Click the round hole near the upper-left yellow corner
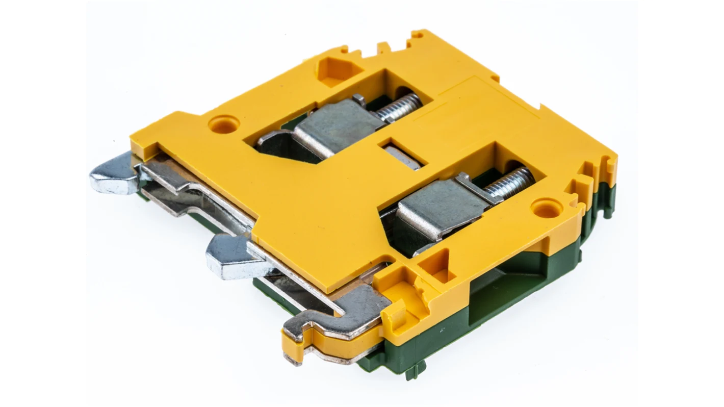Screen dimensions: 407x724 pyautogui.click(x=224, y=123)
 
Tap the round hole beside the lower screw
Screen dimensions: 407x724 pyautogui.click(x=546, y=208)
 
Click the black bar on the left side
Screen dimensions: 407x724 pyautogui.click(x=45, y=203)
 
